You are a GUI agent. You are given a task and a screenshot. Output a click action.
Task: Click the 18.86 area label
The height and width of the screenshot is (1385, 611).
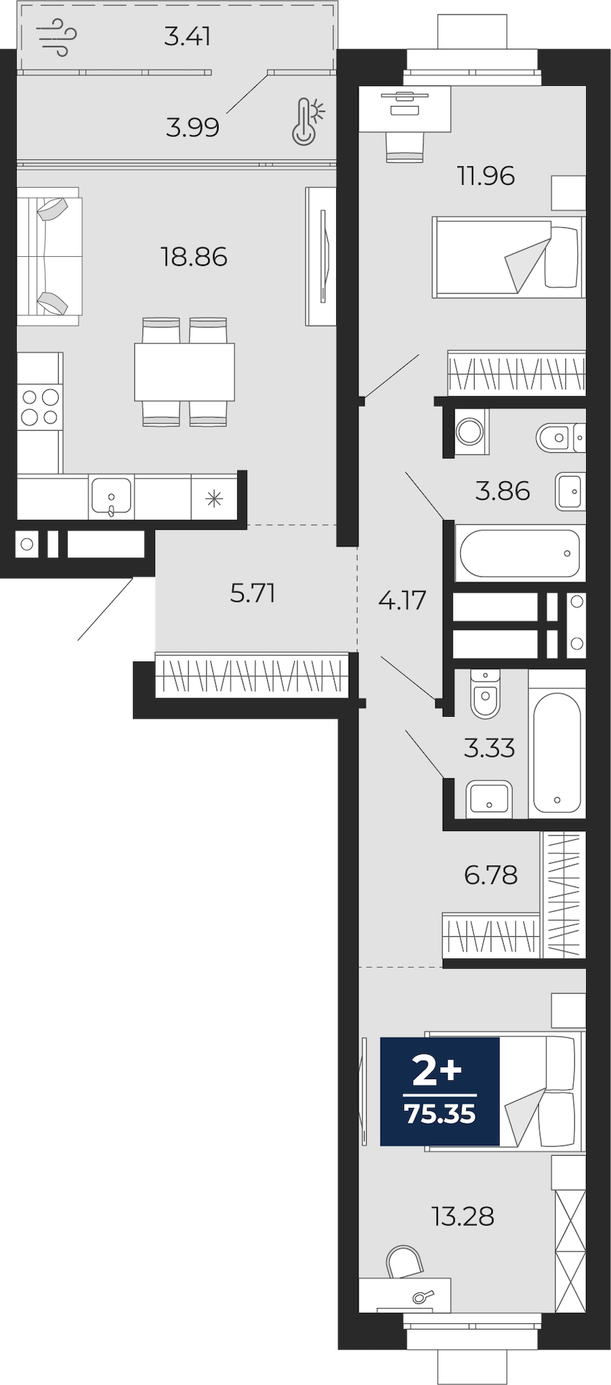point(194,257)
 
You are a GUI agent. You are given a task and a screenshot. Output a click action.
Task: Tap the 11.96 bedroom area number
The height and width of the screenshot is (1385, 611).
point(486,176)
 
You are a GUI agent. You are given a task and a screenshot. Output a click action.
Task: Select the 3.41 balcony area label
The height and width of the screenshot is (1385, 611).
point(188,36)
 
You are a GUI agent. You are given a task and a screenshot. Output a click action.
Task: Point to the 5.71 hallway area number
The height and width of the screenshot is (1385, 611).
point(253,593)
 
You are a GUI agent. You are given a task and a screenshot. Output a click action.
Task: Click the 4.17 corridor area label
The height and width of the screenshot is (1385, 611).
point(402,600)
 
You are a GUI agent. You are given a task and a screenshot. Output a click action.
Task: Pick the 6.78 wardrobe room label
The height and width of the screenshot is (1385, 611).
point(491,875)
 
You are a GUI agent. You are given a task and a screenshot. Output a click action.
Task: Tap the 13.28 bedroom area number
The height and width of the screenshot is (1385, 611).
point(463,1217)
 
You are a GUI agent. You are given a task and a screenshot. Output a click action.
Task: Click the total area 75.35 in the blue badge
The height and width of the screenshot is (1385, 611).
point(440,1114)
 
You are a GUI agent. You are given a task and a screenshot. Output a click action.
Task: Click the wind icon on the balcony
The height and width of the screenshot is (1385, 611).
point(57,37)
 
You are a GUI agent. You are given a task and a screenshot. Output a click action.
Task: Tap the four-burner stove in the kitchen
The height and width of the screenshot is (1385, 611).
point(39,406)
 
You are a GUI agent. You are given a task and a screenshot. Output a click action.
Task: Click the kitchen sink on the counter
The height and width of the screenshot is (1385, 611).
point(111,497)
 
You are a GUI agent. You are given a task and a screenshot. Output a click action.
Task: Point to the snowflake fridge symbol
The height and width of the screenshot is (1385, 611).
point(214,498)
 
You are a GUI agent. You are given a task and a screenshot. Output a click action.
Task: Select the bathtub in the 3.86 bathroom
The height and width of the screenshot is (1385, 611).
point(520,553)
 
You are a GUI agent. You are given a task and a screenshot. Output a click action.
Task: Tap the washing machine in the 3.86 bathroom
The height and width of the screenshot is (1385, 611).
point(470,431)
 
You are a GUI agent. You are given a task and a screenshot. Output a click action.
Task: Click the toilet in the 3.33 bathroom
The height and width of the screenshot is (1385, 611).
point(484,694)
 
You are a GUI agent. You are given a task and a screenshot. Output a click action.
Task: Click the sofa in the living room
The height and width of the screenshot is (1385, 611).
point(48,256)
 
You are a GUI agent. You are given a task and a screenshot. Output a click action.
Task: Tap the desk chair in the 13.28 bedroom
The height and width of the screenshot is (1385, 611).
point(404,1262)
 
